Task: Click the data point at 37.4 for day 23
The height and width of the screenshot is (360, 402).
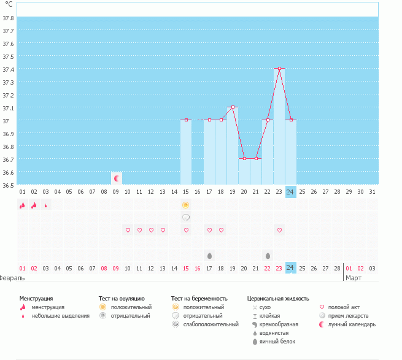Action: pyautogui.click(x=279, y=68)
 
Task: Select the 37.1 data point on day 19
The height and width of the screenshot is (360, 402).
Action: pyautogui.click(x=233, y=107)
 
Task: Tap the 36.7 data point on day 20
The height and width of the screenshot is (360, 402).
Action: pyautogui.click(x=244, y=158)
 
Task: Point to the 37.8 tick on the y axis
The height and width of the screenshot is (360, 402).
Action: pyautogui.click(x=9, y=18)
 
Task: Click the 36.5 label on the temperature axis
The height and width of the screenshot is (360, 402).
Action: pyautogui.click(x=9, y=184)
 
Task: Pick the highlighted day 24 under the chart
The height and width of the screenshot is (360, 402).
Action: pyautogui.click(x=290, y=191)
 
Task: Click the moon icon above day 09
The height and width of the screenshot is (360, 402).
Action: pyautogui.click(x=116, y=178)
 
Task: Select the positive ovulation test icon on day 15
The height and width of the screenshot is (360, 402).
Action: pyautogui.click(x=185, y=204)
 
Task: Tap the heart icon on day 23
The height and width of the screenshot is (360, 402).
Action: pyautogui.click(x=279, y=230)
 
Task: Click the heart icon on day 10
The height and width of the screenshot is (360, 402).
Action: pyautogui.click(x=128, y=230)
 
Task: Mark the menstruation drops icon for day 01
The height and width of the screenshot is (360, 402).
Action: pyautogui.click(x=22, y=205)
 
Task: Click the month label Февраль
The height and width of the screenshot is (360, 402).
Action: pyautogui.click(x=12, y=278)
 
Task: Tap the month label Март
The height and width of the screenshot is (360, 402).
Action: pyautogui.click(x=354, y=278)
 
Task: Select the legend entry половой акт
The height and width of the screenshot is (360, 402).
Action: pyautogui.click(x=343, y=307)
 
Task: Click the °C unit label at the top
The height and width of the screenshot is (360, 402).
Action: pyautogui.click(x=9, y=4)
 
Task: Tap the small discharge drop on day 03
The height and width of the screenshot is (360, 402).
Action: pyautogui.click(x=45, y=205)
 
